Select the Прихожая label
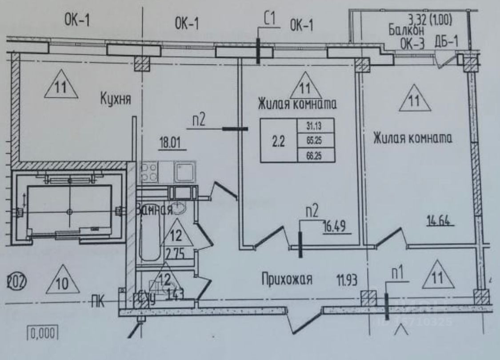(x=286, y=280)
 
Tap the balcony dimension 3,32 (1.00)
(x=429, y=20)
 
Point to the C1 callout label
(x=270, y=20)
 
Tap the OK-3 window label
(x=413, y=43)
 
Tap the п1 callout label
(x=397, y=275)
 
